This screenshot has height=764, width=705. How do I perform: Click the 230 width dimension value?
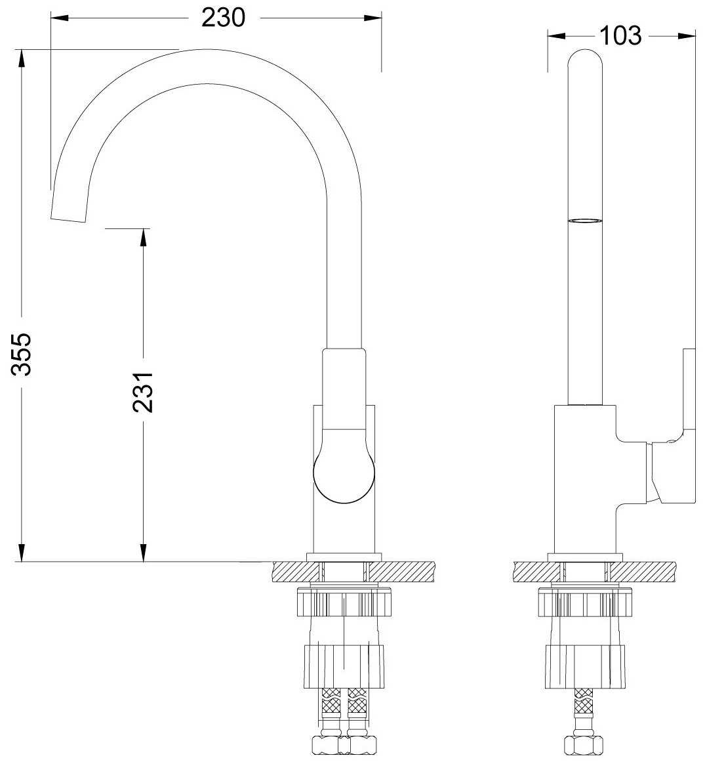pyautogui.click(x=224, y=18)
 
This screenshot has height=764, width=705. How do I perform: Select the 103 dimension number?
pyautogui.click(x=620, y=35)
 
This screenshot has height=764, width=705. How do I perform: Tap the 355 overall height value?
pyautogui.click(x=22, y=354)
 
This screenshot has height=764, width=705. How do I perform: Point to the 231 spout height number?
pyautogui.click(x=143, y=393)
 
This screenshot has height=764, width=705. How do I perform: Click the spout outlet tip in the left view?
pyautogui.click(x=68, y=219)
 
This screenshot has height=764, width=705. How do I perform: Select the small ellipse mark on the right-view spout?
pyautogui.click(x=585, y=221)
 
